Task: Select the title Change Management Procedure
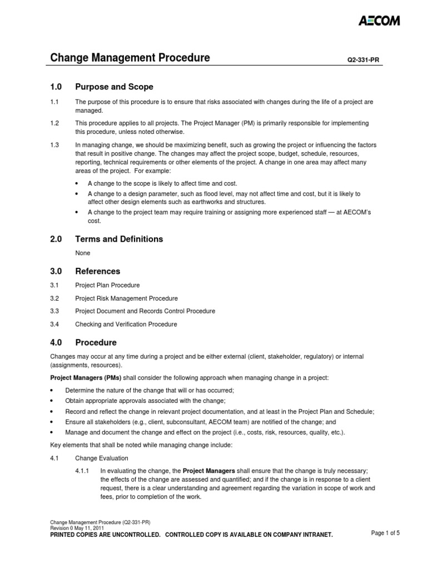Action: coord(130,58)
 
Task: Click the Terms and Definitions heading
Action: coord(119,239)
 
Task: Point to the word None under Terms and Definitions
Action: coord(83,253)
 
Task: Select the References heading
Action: coord(97,271)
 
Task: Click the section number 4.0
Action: coord(57,342)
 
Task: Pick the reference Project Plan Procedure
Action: coord(108,286)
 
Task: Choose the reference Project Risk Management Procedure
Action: coord(127,298)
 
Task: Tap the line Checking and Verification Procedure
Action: coord(126,324)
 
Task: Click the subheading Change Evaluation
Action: coord(102,458)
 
